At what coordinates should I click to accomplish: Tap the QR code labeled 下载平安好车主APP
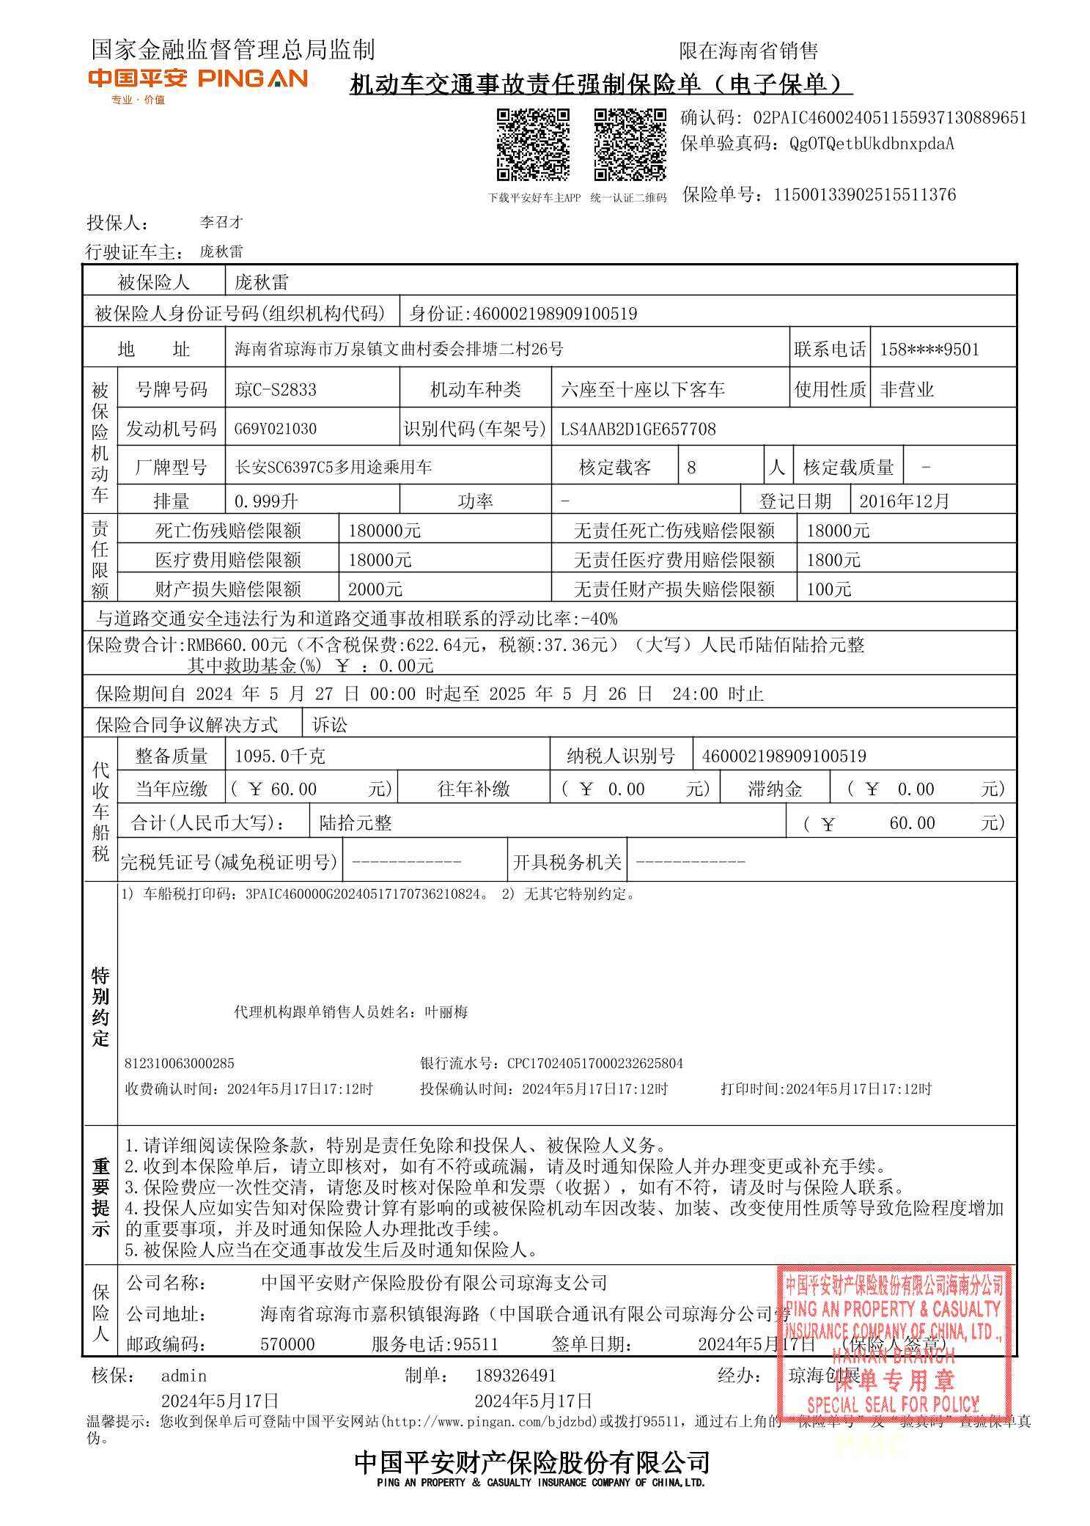533,144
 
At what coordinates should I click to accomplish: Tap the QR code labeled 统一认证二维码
629,144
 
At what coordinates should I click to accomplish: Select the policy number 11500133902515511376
864,195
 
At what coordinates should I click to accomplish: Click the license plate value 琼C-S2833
276,389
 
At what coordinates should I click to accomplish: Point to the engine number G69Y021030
276,429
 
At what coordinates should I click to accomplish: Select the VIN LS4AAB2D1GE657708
638,429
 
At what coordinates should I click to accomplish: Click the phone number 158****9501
929,350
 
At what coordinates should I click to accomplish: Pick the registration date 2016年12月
904,501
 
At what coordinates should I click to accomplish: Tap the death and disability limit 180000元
384,531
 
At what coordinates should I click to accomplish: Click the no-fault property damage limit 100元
828,589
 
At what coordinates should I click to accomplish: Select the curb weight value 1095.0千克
280,756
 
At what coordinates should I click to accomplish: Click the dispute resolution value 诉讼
330,725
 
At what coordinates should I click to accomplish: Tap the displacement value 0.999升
266,501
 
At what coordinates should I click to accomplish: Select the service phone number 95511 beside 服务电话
476,1344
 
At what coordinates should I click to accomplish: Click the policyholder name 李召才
221,222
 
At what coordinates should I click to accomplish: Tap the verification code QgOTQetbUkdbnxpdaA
872,144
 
